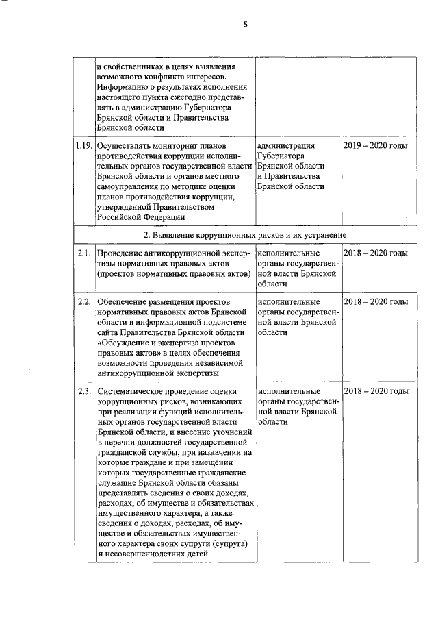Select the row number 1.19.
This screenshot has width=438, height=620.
(84, 146)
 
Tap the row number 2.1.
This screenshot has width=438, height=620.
(84, 253)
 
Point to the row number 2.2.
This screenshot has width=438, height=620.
(84, 302)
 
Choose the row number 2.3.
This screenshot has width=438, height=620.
(84, 391)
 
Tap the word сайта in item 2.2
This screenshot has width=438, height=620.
(109, 329)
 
